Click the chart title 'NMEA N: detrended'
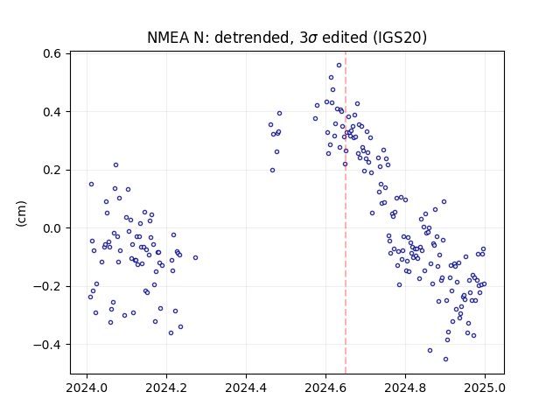click(x=218, y=38)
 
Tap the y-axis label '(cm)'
click(x=21, y=213)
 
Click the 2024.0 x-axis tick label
click(x=87, y=388)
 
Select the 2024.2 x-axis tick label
click(x=166, y=388)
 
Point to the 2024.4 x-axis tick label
click(x=246, y=388)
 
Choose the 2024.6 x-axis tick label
click(x=325, y=388)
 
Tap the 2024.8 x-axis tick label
click(x=405, y=388)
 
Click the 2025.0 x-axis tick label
click(x=485, y=388)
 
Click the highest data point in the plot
click(x=339, y=66)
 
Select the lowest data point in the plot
click(x=445, y=360)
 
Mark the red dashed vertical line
click(x=346, y=213)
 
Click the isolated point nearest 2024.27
click(x=195, y=258)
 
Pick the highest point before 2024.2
click(x=115, y=165)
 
